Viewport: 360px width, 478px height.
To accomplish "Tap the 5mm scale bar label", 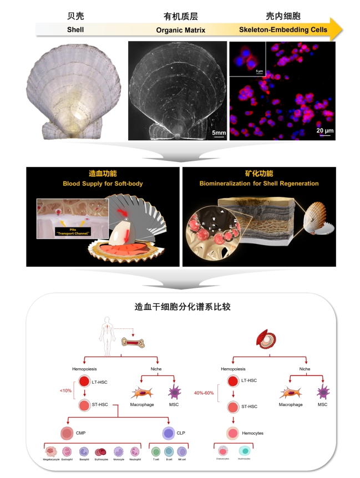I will [x=219, y=132].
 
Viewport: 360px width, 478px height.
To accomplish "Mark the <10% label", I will [x=65, y=391].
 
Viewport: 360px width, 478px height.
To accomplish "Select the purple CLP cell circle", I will [x=169, y=433].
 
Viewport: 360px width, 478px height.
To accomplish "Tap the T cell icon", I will [x=156, y=453].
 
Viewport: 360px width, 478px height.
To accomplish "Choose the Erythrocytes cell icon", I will [x=102, y=453].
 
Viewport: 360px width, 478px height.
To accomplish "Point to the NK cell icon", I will [x=181, y=453].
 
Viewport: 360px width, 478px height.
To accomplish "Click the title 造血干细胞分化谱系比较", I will [x=180, y=307].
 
